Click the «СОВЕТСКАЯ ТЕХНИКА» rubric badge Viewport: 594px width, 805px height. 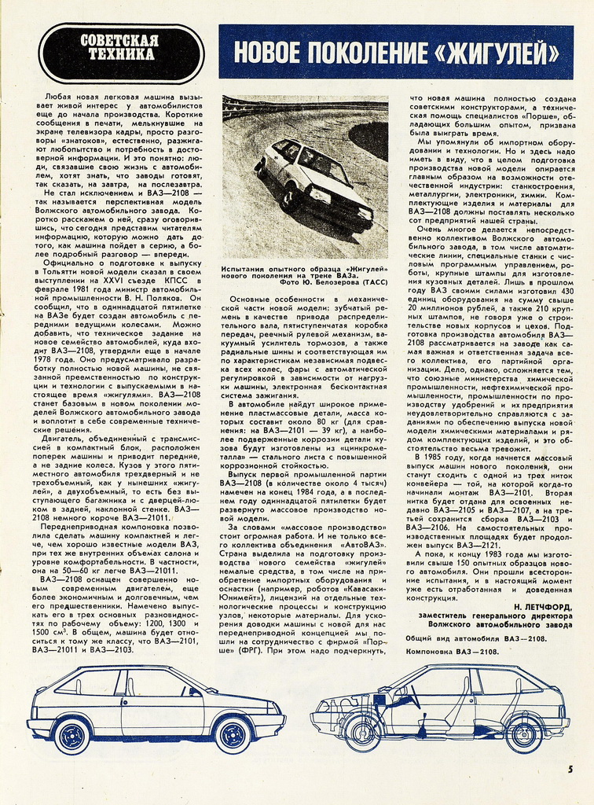click(x=121, y=49)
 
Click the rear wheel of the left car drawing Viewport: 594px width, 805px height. click(x=71, y=735)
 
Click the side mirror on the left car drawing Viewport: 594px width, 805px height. click(x=191, y=692)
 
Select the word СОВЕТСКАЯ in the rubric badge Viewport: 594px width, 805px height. click(x=120, y=41)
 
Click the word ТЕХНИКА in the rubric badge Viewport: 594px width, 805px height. click(x=121, y=55)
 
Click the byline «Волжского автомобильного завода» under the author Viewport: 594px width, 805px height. click(x=500, y=626)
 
